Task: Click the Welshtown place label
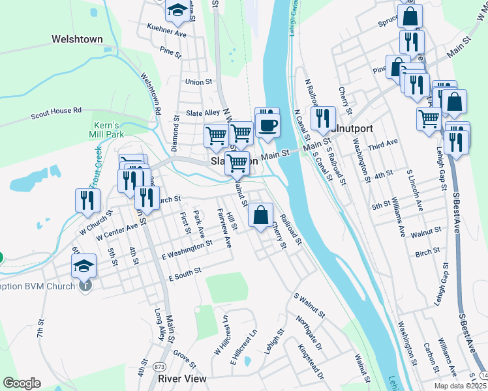pos(77,39)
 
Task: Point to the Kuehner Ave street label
pos(167,31)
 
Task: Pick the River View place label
pos(182,378)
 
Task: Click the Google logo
pos(22,383)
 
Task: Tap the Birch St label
pos(427,252)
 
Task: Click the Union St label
pos(199,82)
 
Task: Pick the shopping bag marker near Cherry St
pos(260,215)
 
